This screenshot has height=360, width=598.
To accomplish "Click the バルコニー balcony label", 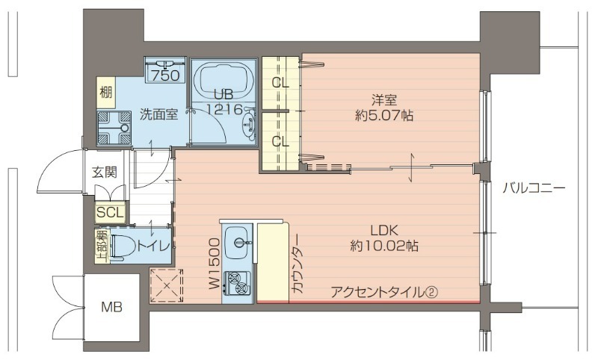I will click(534, 188).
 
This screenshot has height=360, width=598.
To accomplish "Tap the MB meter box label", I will click(112, 306).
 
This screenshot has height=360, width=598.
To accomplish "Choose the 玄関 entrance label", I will click(105, 172).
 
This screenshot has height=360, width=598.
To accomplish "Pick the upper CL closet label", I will click(280, 82).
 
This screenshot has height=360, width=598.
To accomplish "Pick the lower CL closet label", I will click(280, 141).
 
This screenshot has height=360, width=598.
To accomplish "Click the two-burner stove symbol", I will click(238, 282).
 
